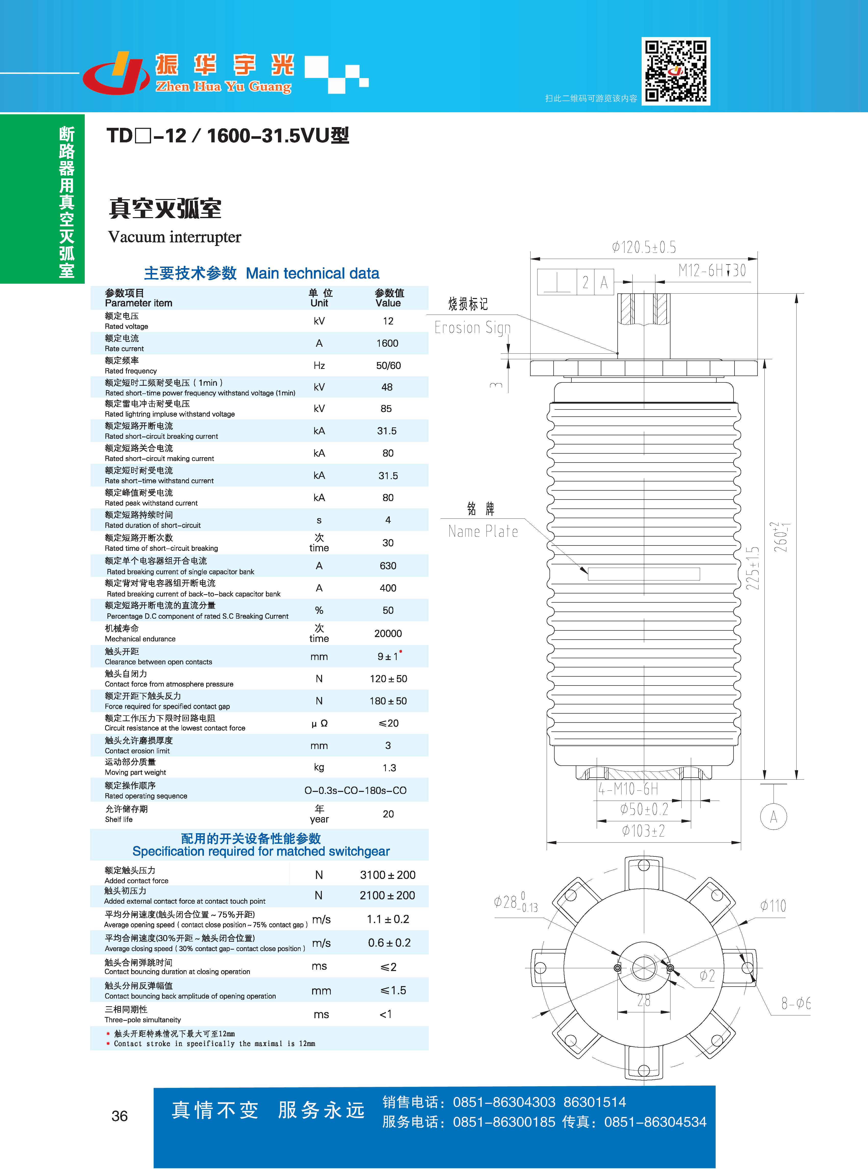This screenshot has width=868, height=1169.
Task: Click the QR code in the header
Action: [x=676, y=71]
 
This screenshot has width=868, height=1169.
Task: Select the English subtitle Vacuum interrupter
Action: [x=174, y=237]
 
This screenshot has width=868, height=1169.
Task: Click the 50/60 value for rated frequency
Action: [x=388, y=366]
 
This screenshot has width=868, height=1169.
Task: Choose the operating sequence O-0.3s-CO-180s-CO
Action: [x=356, y=790]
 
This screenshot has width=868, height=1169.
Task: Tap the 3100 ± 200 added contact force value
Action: [x=388, y=875]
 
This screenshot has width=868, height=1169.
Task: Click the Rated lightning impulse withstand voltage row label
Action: [x=170, y=408]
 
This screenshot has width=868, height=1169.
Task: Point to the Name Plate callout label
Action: [x=483, y=531]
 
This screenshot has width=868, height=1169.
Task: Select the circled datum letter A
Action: [x=773, y=817]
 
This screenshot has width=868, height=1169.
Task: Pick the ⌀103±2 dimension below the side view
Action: [x=644, y=831]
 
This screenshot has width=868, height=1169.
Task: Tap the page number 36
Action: [x=120, y=1116]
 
